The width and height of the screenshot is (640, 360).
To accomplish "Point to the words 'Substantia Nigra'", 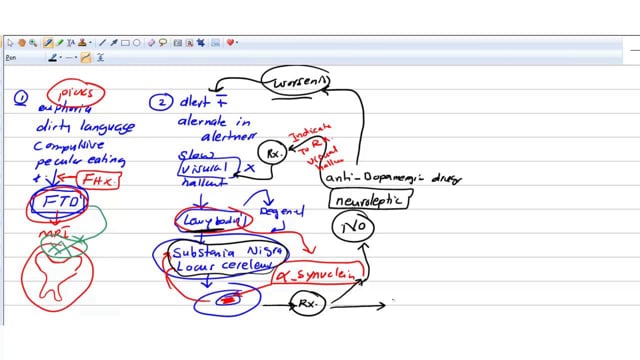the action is (220, 251).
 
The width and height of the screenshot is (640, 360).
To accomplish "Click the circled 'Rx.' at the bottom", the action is (308, 302).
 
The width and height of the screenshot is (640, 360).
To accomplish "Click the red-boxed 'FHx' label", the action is (98, 181).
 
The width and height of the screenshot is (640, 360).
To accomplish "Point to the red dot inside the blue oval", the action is (228, 299).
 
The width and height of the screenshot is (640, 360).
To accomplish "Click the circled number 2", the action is (160, 102).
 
